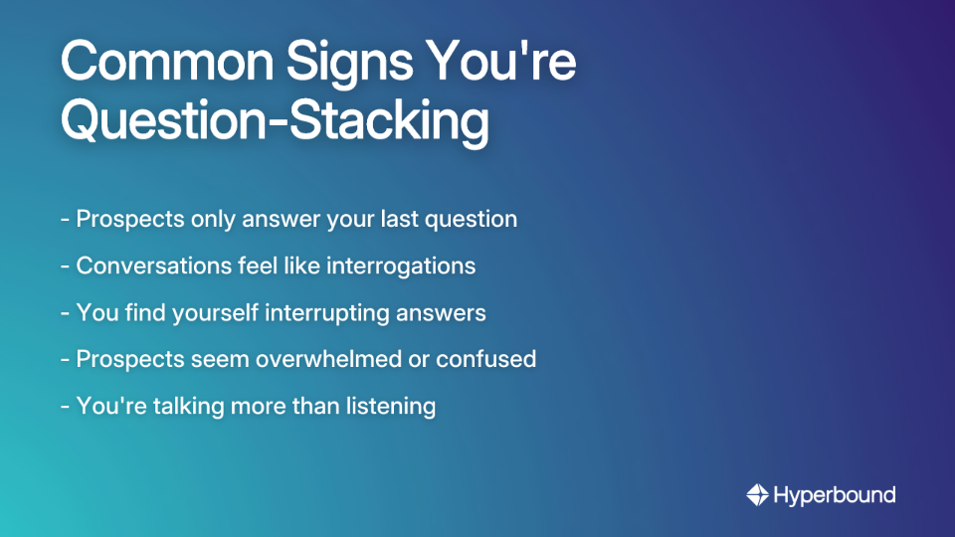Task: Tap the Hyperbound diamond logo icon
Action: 758,494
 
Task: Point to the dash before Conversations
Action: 65,267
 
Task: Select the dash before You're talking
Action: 65,407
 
